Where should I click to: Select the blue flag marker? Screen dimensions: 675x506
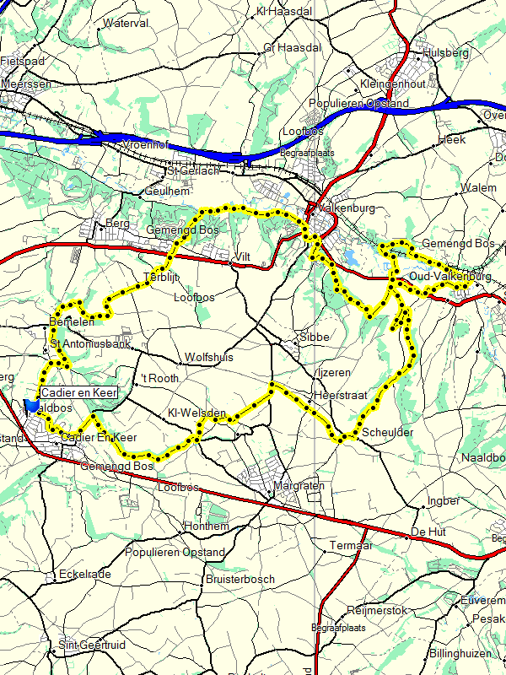(32, 406)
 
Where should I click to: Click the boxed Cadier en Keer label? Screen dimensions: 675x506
(78, 392)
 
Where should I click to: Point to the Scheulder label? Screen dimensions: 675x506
(389, 432)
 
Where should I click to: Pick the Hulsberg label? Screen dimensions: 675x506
(446, 52)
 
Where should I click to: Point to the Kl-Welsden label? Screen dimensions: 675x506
(196, 413)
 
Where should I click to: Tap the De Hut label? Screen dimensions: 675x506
(428, 532)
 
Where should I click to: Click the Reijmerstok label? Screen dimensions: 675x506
(377, 610)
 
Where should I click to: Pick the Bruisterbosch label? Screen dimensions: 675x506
(240, 580)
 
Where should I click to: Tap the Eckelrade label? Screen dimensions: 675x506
(86, 575)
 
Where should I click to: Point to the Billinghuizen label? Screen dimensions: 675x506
(466, 654)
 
